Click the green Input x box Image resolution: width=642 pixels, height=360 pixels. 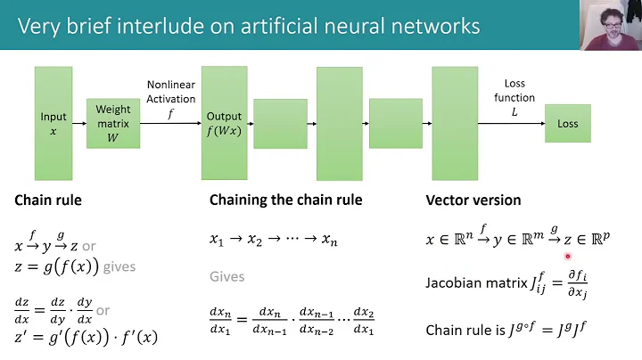pos(53,123)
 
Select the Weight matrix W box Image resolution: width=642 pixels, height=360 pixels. pos(113,123)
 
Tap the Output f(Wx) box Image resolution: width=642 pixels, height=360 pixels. pos(224,123)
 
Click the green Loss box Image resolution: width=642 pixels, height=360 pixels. pos(567,123)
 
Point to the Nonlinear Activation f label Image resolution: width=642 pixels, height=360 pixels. pos(171,99)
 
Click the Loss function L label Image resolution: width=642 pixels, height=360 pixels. pos(515,98)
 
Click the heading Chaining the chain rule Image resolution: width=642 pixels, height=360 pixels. pos(285,200)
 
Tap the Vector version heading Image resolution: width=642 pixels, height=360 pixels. pos(473,200)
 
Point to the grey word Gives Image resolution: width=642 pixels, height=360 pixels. pos(226,277)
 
